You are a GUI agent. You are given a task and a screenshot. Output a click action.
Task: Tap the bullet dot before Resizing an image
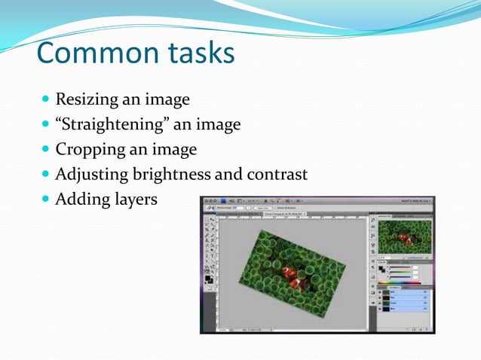[x=46, y=99]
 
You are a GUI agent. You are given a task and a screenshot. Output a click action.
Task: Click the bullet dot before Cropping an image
[x=46, y=149]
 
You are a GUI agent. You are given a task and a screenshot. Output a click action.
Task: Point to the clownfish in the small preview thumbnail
[x=406, y=238]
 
